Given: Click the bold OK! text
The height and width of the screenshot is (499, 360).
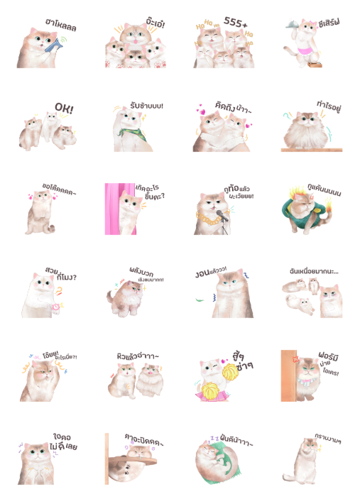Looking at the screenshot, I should (x=64, y=109).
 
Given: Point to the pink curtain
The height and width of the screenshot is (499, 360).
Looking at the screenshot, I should (x=111, y=209).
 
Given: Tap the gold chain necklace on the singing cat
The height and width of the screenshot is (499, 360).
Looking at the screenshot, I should (x=207, y=219).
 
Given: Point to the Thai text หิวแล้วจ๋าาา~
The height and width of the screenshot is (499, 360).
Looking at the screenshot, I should (x=137, y=356).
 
